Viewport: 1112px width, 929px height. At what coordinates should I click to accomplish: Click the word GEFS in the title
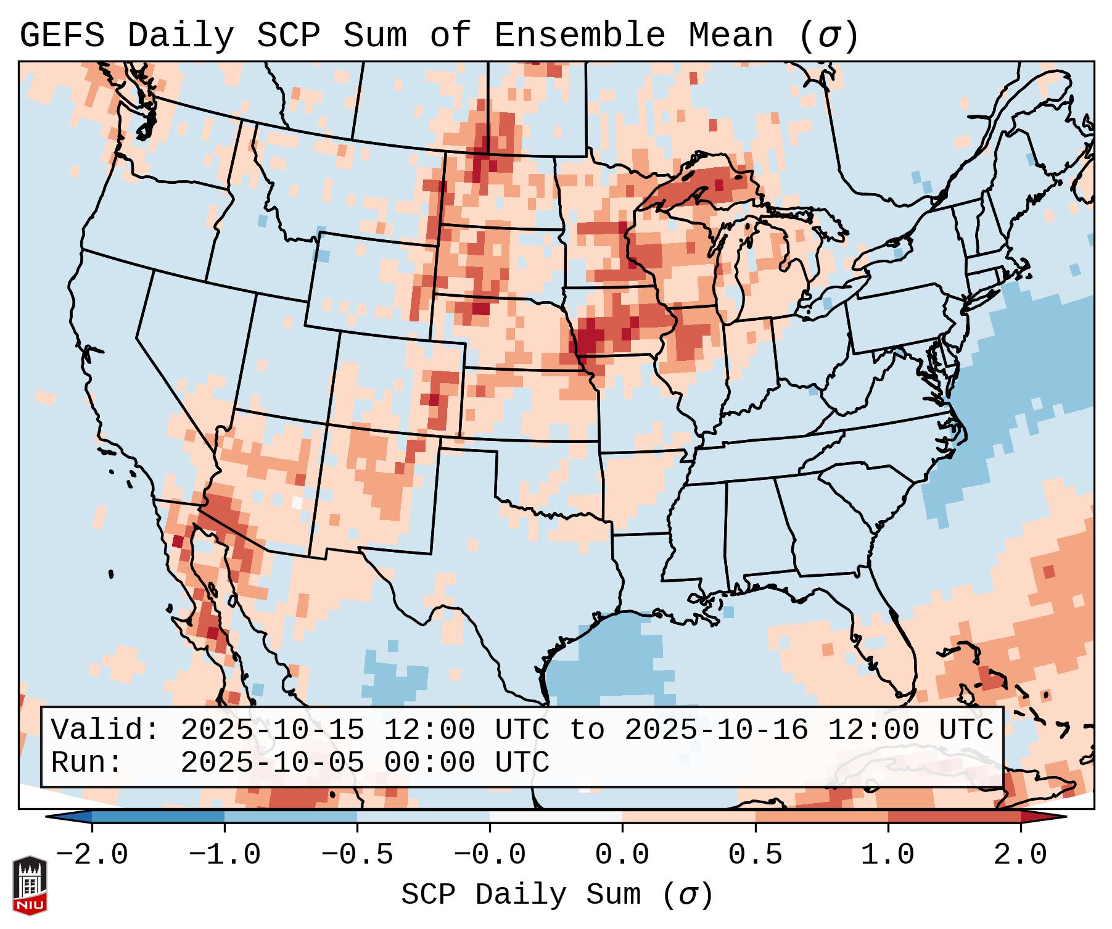coord(62,36)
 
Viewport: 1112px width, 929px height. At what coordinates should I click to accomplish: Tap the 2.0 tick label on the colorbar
coord(1020,855)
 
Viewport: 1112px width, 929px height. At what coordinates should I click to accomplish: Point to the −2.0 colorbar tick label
coord(91,855)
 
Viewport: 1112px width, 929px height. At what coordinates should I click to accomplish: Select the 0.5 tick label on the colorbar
coord(755,855)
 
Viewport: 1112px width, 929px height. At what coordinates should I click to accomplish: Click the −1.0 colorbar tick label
coord(224,855)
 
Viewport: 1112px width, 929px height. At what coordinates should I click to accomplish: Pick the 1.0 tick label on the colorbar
coord(888,855)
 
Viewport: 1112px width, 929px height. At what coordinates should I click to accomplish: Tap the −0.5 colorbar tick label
coord(356,855)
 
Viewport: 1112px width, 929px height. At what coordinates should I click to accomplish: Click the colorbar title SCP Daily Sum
coord(521,895)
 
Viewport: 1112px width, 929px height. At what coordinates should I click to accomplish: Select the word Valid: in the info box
coord(105,730)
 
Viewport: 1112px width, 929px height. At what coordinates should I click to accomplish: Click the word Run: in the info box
coord(87,762)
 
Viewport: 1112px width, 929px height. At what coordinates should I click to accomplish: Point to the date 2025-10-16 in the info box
coord(716,730)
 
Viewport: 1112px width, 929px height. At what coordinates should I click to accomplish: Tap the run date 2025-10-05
coord(272,762)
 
